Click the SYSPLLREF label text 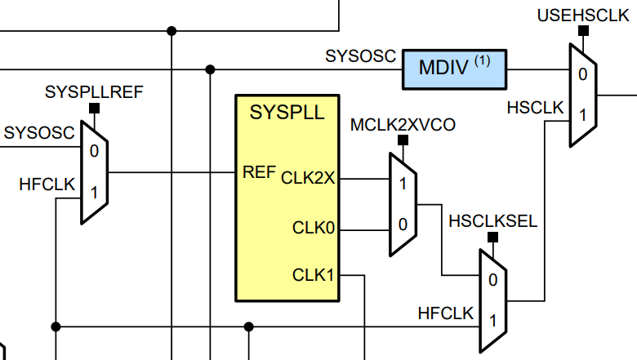[x=93, y=91]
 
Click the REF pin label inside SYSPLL [x=259, y=172]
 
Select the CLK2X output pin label [x=308, y=177]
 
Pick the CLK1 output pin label [x=314, y=275]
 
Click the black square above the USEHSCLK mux [x=583, y=31]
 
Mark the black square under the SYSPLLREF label [x=94, y=107]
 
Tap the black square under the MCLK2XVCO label [x=402, y=140]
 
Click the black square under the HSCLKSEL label [x=492, y=238]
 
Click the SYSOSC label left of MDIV [x=360, y=57]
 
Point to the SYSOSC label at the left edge [x=38, y=131]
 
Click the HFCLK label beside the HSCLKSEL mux [x=445, y=313]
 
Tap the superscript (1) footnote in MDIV [x=488, y=60]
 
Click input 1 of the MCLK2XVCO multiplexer [x=402, y=183]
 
